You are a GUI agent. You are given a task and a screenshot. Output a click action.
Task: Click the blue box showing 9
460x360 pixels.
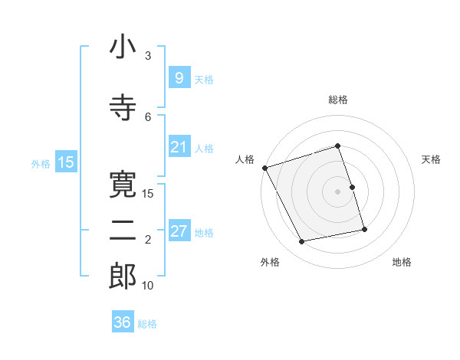point(179,77)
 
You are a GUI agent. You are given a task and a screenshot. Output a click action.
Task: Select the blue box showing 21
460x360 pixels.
point(179,147)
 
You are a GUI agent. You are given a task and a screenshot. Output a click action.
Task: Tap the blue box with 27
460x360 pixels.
point(179,231)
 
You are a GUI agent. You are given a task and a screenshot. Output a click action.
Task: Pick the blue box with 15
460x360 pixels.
point(65,162)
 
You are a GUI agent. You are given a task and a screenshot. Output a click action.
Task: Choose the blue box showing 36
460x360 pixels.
point(122,322)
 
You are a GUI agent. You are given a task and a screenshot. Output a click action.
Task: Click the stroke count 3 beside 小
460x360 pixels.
point(148,56)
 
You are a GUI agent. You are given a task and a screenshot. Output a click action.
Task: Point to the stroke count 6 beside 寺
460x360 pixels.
point(148,116)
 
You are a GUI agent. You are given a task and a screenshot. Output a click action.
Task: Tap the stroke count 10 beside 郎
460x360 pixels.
point(148,286)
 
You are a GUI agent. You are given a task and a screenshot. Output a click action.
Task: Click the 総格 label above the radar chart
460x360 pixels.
point(338,100)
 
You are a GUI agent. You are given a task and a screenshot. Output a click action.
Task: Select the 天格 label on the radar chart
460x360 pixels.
point(432,159)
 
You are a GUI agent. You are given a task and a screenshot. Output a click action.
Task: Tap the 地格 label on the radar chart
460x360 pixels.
point(402,262)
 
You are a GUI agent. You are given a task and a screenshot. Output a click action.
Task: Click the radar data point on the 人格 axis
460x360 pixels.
point(264,168)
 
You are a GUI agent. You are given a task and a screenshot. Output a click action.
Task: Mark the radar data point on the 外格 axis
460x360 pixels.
point(302,242)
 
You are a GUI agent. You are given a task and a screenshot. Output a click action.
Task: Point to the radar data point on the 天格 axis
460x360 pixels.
point(352,187)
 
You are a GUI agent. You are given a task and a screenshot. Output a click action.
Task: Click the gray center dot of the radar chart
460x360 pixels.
point(338,191)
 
